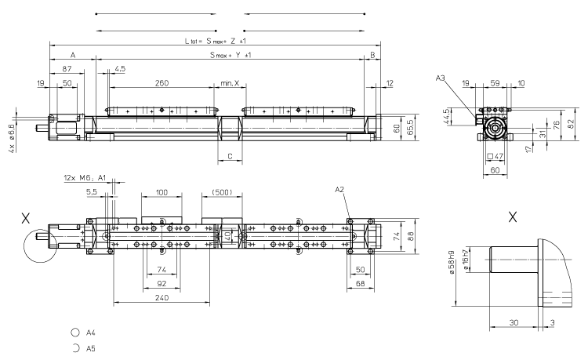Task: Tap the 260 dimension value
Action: (162, 83)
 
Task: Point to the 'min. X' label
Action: (229, 83)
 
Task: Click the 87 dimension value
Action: (68, 71)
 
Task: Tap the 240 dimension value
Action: (162, 297)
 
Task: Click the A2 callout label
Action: (339, 190)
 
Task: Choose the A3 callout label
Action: (441, 77)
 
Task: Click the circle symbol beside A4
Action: (75, 333)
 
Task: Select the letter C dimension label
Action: (230, 157)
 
